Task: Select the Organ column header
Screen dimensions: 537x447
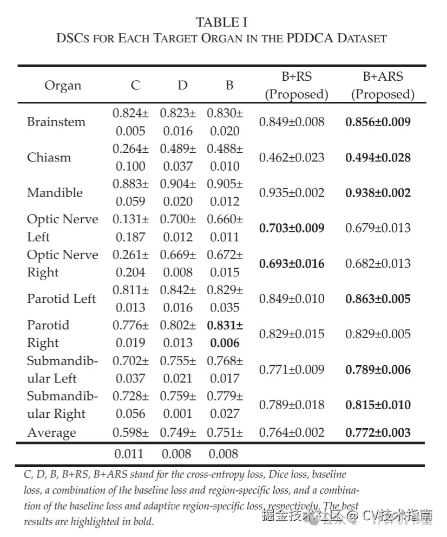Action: pos(63,86)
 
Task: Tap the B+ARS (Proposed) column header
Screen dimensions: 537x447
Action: pos(383,86)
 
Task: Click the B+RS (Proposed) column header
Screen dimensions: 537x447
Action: pos(297,86)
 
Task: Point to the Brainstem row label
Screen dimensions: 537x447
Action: pos(56,122)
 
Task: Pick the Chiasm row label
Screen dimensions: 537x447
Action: pos(49,158)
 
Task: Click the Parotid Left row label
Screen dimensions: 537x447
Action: pos(62,299)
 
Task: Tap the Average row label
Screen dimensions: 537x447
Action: pos(52,433)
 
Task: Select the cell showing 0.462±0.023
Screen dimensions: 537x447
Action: pos(292,158)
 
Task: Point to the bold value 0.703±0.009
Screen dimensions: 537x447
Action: pos(292,228)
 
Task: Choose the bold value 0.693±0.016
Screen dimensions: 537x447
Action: pos(292,264)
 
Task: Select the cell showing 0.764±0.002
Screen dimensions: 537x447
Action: pos(292,433)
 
